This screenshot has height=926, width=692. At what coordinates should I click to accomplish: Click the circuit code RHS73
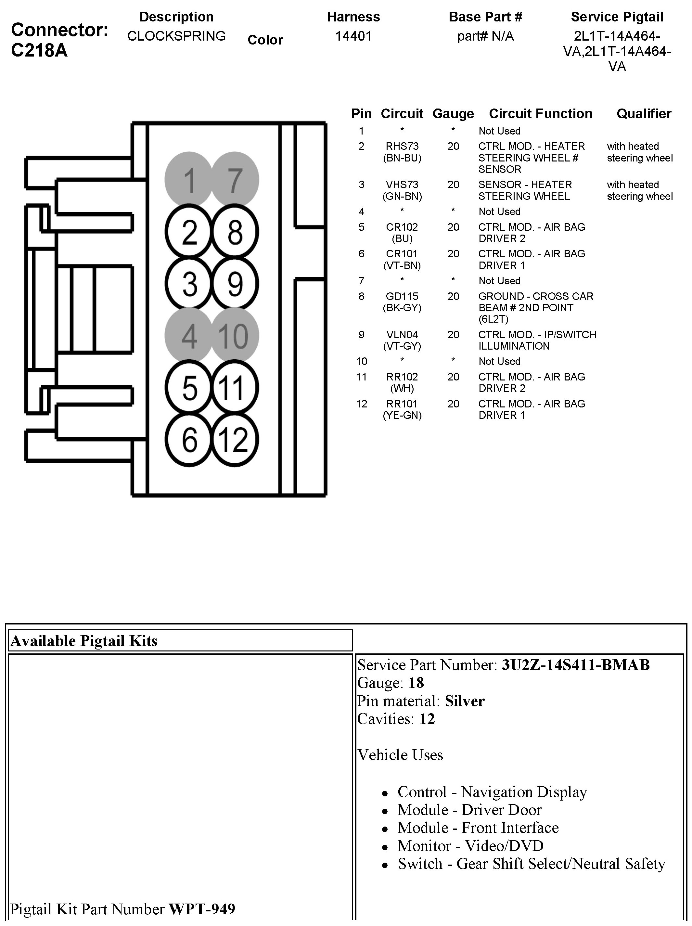402,146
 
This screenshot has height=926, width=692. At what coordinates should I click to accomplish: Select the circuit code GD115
402,296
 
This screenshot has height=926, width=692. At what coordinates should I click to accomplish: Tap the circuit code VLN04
402,334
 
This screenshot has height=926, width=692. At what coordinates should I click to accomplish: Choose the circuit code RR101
402,404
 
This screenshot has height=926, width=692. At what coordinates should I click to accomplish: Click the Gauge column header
453,113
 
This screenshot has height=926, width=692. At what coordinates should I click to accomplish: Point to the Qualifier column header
644,113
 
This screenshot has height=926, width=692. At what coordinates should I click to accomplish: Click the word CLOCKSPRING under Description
176,36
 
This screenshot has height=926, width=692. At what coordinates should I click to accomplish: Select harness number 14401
353,36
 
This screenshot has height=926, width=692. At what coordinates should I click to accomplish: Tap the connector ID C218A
39,50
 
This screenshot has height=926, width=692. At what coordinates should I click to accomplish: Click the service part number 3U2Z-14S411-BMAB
576,665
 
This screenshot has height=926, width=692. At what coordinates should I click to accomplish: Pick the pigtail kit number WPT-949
202,909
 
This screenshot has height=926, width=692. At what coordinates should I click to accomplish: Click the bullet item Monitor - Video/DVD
470,846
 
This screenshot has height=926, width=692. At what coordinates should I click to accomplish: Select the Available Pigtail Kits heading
84,641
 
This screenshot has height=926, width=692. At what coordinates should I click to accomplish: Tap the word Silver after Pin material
465,701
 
